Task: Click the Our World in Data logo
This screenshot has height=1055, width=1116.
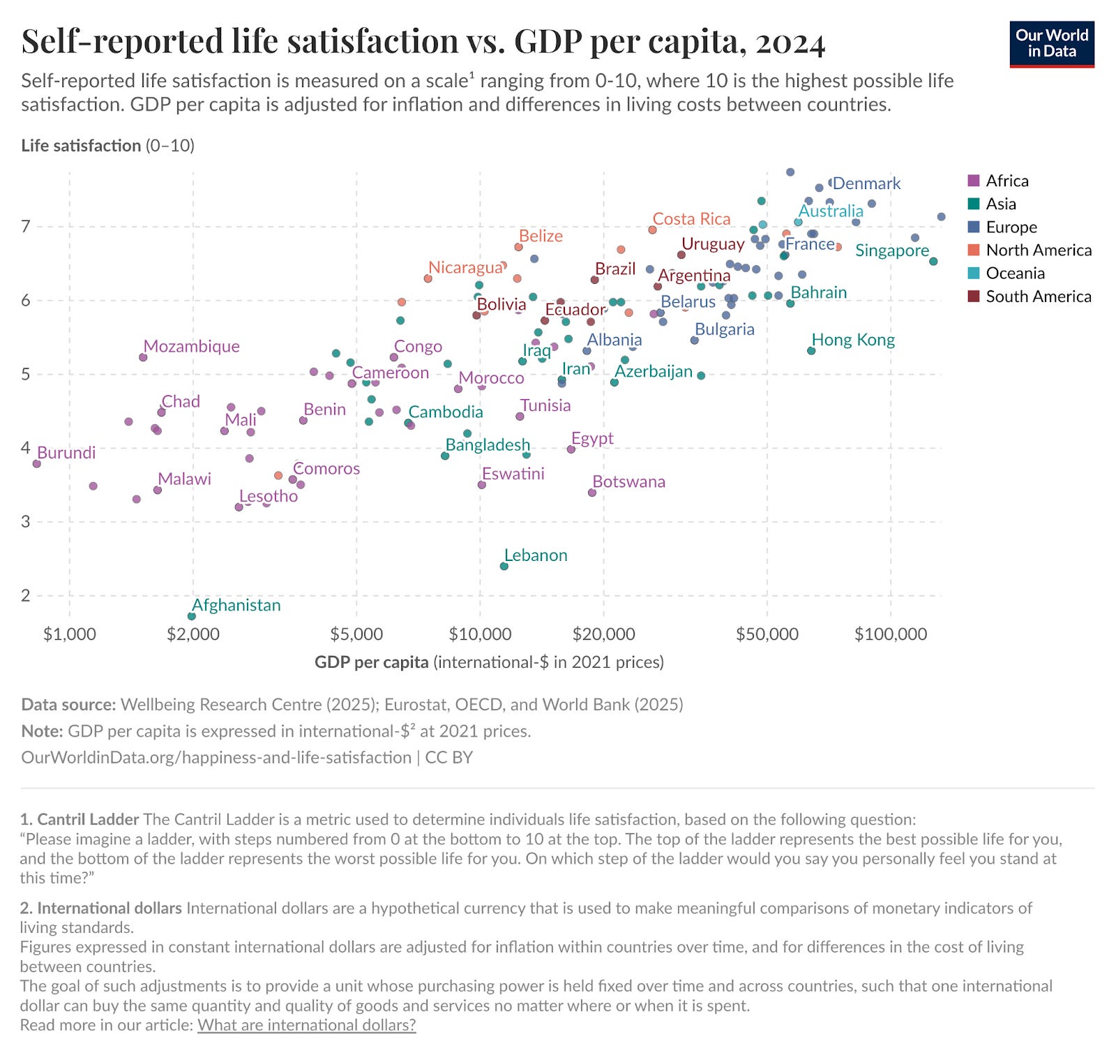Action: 1052,44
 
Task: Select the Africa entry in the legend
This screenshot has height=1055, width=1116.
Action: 1006,181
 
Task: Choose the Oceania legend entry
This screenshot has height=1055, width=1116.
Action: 1015,273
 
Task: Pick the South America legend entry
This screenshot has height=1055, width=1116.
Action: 1038,296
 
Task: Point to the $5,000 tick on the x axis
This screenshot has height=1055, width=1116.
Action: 356,634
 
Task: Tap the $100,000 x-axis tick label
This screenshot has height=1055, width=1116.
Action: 891,634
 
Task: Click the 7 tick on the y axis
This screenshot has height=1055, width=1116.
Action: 27,226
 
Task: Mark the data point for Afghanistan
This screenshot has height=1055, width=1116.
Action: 192,616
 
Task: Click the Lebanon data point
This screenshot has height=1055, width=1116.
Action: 504,566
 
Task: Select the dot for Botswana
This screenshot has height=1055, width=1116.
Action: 592,493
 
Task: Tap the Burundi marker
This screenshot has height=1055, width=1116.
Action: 37,463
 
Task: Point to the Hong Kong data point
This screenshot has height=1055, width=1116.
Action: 811,351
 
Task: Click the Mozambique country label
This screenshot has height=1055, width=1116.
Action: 192,346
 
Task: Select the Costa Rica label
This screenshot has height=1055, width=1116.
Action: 691,218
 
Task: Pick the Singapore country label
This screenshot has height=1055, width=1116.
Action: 892,250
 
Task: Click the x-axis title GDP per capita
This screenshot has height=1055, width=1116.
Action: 371,662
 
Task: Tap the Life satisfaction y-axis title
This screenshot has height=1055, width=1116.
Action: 81,145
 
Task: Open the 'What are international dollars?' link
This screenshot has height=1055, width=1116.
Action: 307,1025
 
